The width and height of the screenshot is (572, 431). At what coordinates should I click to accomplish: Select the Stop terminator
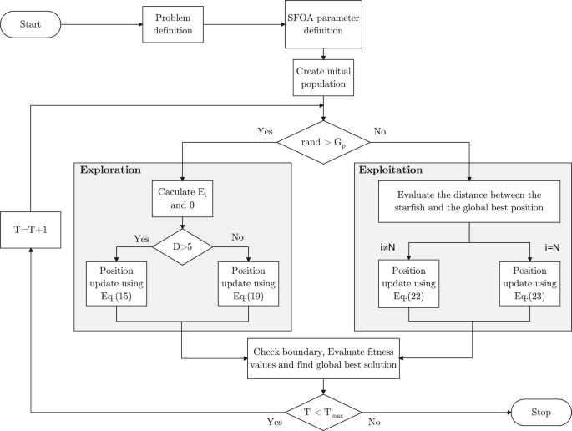pyautogui.click(x=540, y=411)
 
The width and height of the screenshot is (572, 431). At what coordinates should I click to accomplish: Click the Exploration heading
pyautogui.click(x=112, y=170)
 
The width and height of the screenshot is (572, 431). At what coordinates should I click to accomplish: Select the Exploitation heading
pyautogui.click(x=391, y=170)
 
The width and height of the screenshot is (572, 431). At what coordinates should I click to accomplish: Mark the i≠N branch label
pyautogui.click(x=387, y=247)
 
